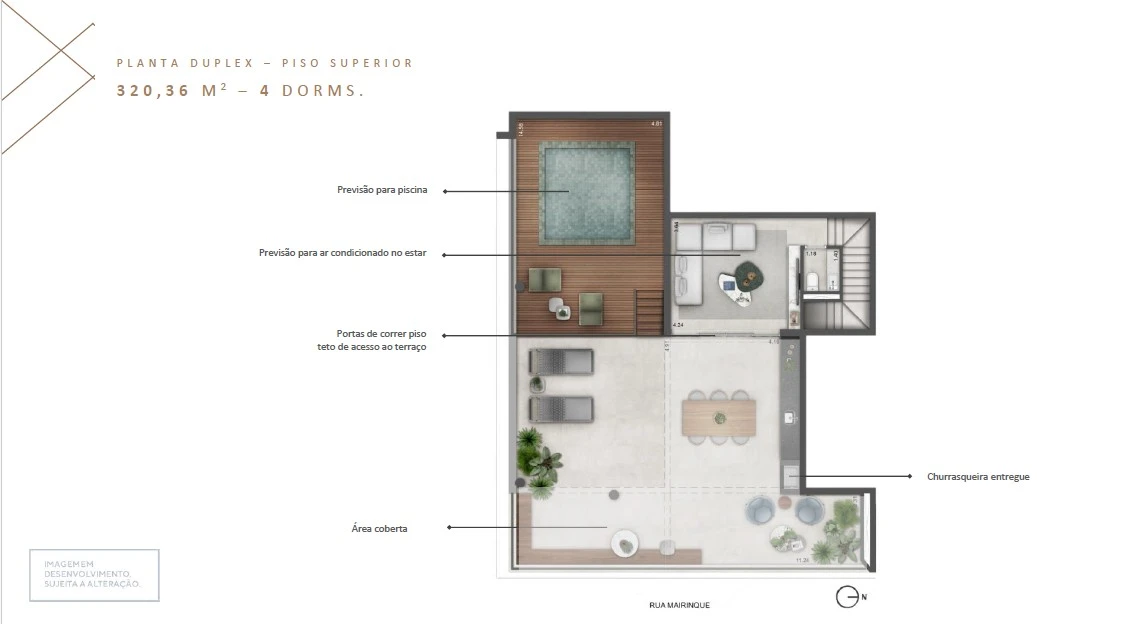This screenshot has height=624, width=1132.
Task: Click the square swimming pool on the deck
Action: coord(587,192)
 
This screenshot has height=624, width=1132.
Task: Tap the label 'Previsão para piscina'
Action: coord(382,190)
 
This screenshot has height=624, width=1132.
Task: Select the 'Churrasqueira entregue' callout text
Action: coord(978,477)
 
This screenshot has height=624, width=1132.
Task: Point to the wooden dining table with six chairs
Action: coord(718,416)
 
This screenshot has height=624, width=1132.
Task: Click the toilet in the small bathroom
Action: coord(814,282)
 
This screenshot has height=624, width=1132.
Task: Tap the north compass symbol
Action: coord(847,597)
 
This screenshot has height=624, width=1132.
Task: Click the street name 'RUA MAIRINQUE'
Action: coord(679,605)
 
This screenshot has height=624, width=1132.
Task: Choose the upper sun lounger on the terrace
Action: coord(561,361)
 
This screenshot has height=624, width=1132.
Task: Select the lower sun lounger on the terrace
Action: coord(561,408)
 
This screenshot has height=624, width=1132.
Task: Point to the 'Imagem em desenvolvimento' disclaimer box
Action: coord(93,575)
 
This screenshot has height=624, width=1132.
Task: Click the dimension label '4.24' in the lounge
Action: coord(679,325)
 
